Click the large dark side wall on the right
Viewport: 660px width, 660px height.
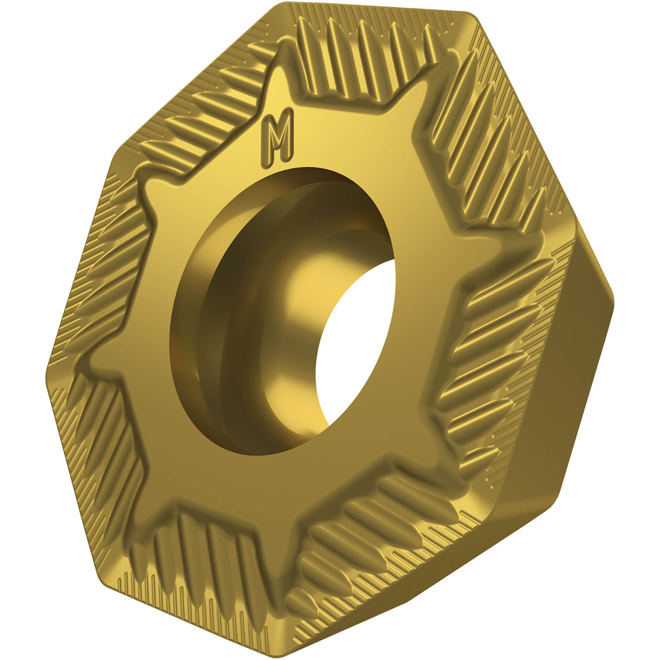tap(572, 374)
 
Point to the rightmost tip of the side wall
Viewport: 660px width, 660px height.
tap(613, 304)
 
